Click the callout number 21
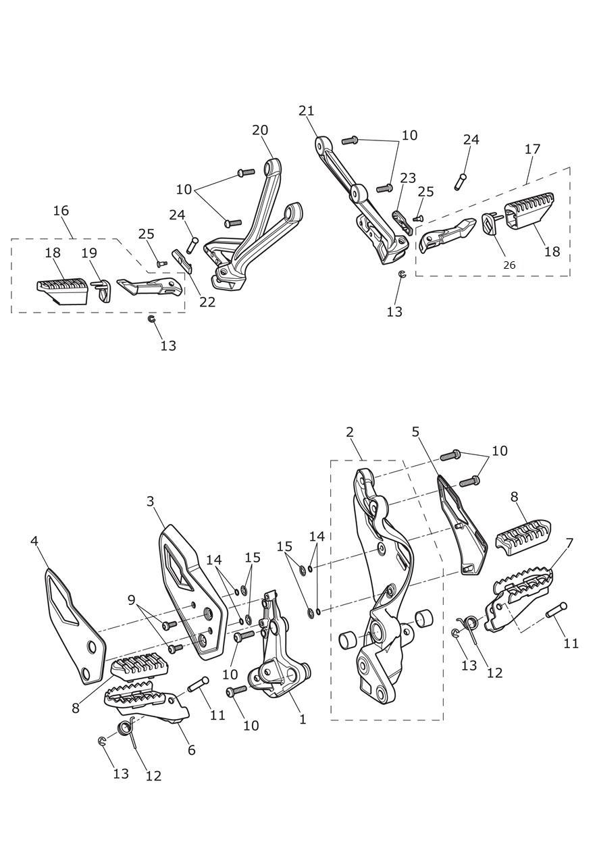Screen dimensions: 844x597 click(x=307, y=111)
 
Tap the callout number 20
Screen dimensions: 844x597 click(x=260, y=130)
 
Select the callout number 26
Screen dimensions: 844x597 click(x=509, y=265)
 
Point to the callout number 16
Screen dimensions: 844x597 click(x=61, y=211)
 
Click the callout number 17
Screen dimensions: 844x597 click(x=532, y=149)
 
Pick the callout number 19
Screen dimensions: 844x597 click(x=89, y=253)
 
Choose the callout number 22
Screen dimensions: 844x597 click(x=207, y=302)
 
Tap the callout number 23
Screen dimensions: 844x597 click(x=408, y=178)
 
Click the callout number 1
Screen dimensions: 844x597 click(x=303, y=720)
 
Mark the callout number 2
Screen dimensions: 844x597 click(x=350, y=432)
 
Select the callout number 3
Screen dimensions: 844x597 click(x=151, y=501)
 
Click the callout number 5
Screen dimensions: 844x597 click(x=415, y=431)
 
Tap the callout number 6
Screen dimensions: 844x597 click(x=192, y=750)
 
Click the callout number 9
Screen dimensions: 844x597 click(x=131, y=599)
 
